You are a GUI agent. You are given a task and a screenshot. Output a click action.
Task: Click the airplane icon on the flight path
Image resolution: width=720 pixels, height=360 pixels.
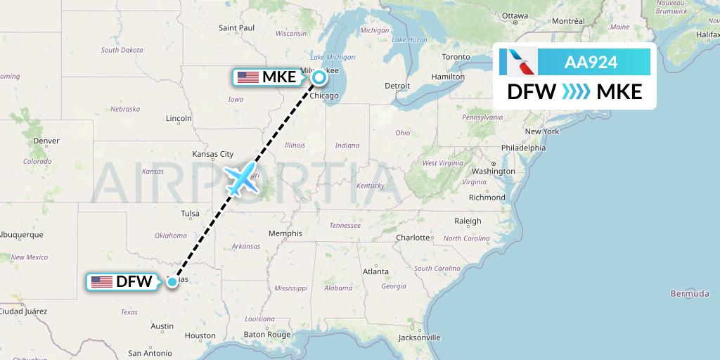click(x=241, y=179)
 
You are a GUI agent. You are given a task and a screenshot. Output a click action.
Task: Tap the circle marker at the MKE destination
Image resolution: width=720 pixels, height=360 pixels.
click(x=319, y=77)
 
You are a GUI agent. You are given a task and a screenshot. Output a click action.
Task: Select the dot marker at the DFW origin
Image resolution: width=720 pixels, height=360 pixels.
click(x=172, y=282)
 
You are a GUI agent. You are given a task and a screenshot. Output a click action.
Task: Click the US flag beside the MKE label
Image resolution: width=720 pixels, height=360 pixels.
click(x=247, y=77)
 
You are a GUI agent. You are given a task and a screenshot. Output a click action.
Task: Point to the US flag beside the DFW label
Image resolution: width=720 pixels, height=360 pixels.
click(x=102, y=282)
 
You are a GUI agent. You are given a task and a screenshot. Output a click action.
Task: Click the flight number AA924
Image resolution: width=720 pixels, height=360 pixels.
click(x=591, y=62)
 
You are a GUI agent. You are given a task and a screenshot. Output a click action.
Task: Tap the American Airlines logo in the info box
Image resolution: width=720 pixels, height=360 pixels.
click(x=518, y=62)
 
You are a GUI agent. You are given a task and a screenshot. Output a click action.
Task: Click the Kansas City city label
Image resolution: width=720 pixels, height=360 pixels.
click(x=212, y=154)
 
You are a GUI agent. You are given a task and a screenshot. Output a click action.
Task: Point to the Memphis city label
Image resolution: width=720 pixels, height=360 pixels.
click(x=285, y=233)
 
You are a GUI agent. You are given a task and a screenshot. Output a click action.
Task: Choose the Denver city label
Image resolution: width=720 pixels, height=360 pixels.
click(x=46, y=141)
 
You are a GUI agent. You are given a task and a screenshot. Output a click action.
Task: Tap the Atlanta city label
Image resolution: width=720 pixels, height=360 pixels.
click(x=375, y=271)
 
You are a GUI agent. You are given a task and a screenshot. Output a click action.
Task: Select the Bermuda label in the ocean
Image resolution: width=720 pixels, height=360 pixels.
click(x=689, y=293)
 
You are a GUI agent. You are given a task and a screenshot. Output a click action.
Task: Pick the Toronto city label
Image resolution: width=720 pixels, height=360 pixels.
click(x=456, y=57)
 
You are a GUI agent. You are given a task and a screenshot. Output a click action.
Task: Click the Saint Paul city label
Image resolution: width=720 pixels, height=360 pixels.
click(x=236, y=28)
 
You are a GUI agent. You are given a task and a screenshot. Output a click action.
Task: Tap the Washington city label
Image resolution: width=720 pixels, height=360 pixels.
click(x=494, y=171)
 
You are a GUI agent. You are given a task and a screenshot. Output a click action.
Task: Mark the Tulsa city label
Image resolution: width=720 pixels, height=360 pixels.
click(x=191, y=213)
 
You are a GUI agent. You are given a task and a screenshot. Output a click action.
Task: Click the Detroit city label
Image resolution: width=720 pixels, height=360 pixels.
click(x=397, y=86)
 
